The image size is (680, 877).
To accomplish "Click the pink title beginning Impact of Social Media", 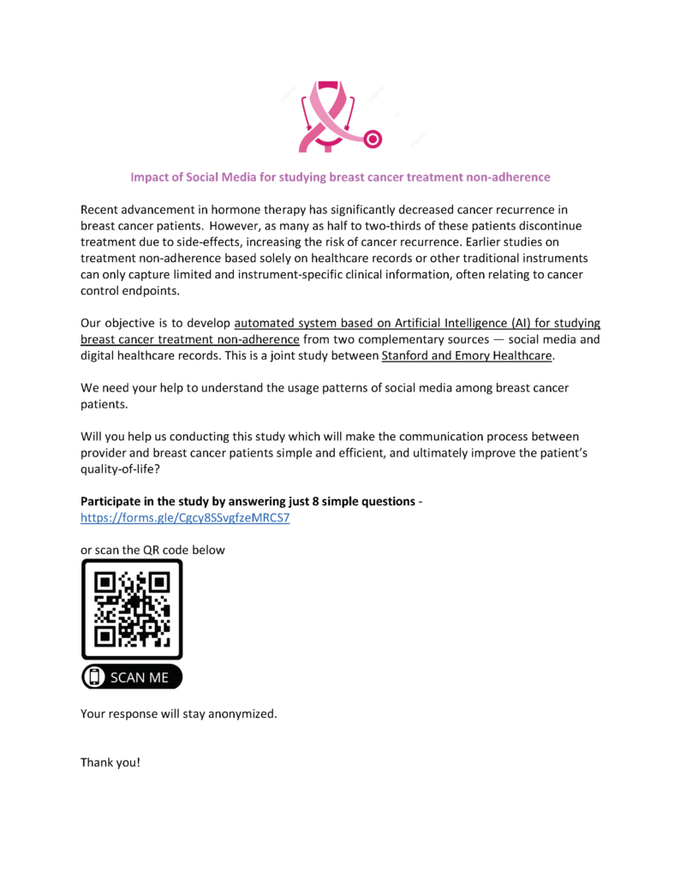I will tap(340, 177).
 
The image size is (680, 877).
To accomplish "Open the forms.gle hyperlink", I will tap(185, 518).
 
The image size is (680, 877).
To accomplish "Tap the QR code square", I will tap(132, 609).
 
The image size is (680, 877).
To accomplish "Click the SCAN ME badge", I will tap(132, 677).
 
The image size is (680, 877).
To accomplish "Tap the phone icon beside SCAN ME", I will tap(94, 677).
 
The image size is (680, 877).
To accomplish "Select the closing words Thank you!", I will tap(110, 761).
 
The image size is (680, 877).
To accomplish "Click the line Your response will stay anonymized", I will tap(179, 713).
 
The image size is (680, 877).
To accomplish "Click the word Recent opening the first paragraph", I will tap(100, 209).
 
